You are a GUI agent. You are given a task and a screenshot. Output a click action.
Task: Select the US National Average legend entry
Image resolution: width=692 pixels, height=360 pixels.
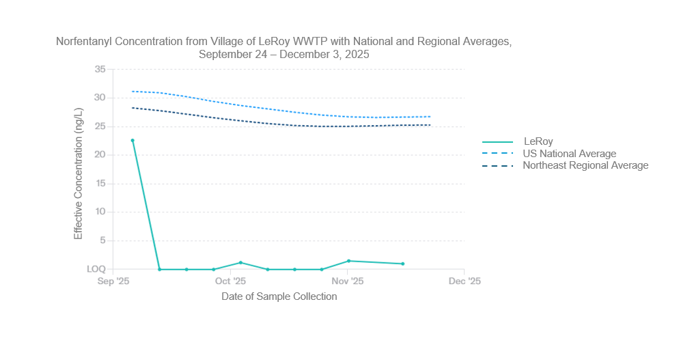(569, 154)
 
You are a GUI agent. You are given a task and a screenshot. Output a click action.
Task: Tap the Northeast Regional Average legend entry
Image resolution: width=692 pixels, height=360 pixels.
(585, 165)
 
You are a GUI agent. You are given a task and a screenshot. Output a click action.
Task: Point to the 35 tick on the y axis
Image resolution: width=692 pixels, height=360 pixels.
(100, 69)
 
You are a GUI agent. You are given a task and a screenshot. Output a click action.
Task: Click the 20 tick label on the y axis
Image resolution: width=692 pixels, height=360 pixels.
(100, 155)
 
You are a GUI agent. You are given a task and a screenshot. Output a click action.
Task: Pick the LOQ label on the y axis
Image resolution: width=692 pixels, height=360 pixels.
(96, 269)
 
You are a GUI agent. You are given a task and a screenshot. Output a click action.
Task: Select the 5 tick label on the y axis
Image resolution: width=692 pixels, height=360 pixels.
(102, 240)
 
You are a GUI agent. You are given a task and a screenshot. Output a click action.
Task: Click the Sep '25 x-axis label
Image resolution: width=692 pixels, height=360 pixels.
(113, 281)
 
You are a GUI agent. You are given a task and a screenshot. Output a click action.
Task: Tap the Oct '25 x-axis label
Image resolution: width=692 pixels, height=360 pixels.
(230, 281)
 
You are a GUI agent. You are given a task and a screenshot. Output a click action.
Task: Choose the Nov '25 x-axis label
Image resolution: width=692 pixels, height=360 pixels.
(347, 281)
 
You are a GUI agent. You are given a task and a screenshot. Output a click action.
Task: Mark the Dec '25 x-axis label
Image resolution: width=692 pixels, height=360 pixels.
(464, 281)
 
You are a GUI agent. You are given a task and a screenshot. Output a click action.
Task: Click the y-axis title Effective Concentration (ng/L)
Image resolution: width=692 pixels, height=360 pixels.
(79, 174)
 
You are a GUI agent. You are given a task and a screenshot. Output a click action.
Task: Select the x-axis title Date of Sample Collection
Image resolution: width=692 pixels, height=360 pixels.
(279, 296)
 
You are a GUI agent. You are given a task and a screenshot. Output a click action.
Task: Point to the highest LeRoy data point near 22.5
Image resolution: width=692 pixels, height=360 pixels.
(133, 141)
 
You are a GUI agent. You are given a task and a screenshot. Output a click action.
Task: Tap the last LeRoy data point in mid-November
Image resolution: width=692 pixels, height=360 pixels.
(403, 264)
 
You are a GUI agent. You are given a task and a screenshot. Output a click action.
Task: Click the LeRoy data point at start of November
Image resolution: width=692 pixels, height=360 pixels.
(348, 261)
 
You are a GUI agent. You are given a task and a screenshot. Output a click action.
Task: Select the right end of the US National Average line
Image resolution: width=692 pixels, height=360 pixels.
(430, 117)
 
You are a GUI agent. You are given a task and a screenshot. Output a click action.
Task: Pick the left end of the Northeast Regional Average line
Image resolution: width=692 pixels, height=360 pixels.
(133, 108)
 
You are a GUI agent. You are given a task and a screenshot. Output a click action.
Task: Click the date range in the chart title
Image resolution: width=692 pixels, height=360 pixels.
(283, 55)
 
